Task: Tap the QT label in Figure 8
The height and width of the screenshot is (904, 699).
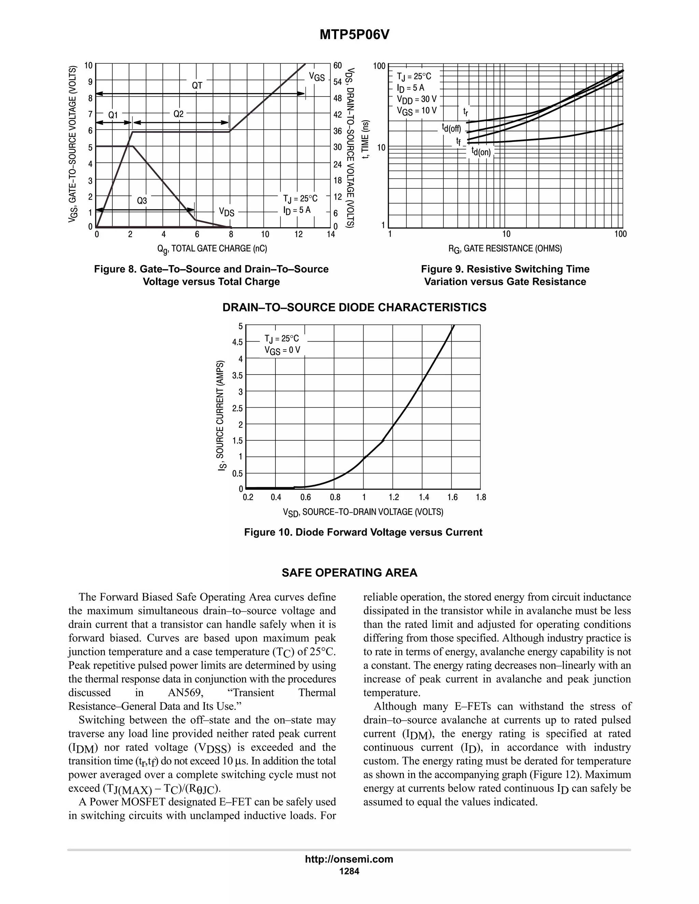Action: (x=197, y=86)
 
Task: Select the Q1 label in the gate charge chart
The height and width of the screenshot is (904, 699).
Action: (x=113, y=115)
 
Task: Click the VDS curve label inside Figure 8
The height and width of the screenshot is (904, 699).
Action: (x=227, y=212)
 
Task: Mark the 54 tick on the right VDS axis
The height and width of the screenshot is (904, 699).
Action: (x=338, y=82)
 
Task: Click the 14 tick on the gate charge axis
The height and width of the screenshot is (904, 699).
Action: (x=330, y=235)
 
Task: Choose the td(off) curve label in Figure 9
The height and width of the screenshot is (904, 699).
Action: (x=451, y=128)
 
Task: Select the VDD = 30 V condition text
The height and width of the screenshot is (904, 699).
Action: (x=417, y=99)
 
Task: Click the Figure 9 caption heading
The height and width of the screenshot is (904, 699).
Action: (x=505, y=269)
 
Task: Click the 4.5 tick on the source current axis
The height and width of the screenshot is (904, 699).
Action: (x=238, y=342)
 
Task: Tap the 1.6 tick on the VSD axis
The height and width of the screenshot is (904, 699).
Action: (x=452, y=497)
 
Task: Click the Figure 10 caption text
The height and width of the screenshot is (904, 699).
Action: (x=363, y=532)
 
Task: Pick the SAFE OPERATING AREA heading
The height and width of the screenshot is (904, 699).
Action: (x=349, y=573)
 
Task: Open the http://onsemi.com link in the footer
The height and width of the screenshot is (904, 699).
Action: (x=349, y=859)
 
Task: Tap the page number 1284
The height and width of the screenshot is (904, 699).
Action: (x=349, y=871)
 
